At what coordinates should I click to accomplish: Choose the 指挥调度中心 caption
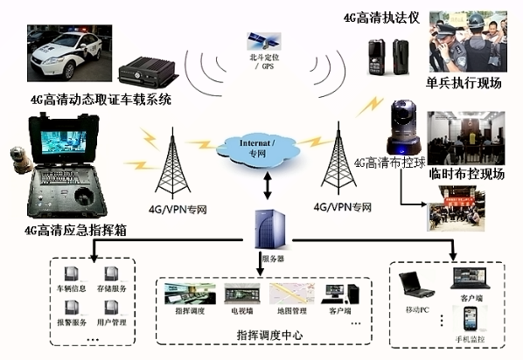tap(265, 336)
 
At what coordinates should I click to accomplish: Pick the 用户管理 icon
tap(112, 308)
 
